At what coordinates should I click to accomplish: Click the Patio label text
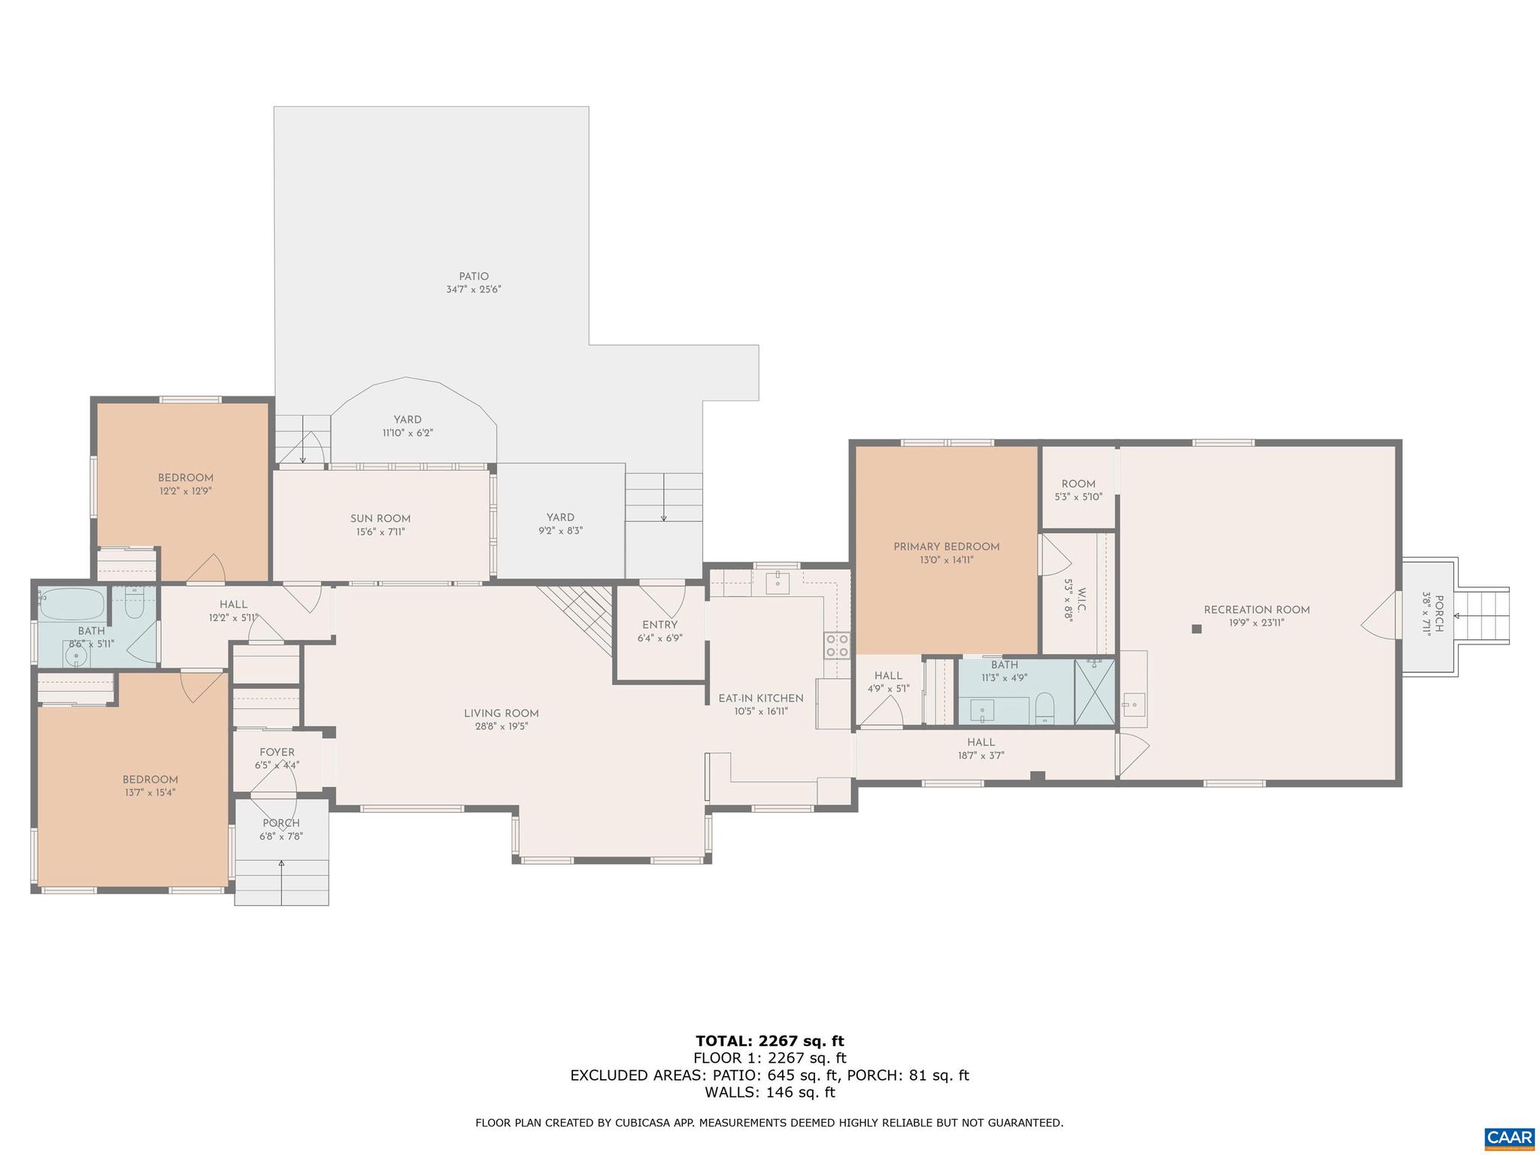click(x=474, y=276)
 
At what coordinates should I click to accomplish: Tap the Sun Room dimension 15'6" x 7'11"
click(x=380, y=532)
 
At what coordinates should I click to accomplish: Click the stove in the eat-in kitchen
click(x=837, y=645)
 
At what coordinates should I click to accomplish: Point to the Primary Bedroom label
click(x=946, y=547)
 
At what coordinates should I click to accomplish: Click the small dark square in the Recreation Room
click(x=1197, y=629)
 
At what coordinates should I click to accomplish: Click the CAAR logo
click(x=1509, y=1135)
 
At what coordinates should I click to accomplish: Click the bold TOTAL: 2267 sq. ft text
click(x=769, y=1041)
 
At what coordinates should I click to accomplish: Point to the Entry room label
click(x=659, y=625)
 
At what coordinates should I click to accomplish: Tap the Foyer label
click(x=277, y=752)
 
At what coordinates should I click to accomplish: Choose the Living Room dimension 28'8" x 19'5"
click(x=501, y=726)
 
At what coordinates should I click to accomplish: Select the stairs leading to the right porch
click(x=1482, y=616)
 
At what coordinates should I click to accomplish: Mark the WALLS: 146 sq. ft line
click(x=769, y=1093)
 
